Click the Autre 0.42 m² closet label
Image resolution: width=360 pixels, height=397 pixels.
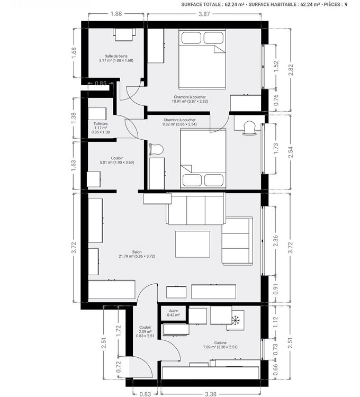click(x=174, y=313)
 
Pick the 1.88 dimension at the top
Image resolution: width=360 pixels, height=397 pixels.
click(x=116, y=14)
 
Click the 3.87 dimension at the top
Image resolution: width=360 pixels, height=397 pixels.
click(x=204, y=14)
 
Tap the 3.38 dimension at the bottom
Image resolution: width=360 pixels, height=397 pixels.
click(x=211, y=394)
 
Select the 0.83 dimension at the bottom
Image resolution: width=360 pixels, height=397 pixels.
click(x=145, y=394)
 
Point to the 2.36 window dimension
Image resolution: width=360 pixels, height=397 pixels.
click(x=276, y=240)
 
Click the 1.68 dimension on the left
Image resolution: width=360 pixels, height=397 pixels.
click(x=74, y=53)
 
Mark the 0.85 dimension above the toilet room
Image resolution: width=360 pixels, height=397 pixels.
click(x=101, y=83)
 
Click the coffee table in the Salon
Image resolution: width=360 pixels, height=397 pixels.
click(x=193, y=244)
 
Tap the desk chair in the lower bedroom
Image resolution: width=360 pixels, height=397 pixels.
click(x=249, y=128)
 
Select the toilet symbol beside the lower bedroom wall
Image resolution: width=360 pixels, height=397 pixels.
click(x=156, y=149)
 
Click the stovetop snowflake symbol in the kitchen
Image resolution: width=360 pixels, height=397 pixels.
click(x=236, y=320)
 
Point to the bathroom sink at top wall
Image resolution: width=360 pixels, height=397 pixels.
click(x=124, y=34)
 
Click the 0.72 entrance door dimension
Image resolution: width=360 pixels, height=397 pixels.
click(x=119, y=367)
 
